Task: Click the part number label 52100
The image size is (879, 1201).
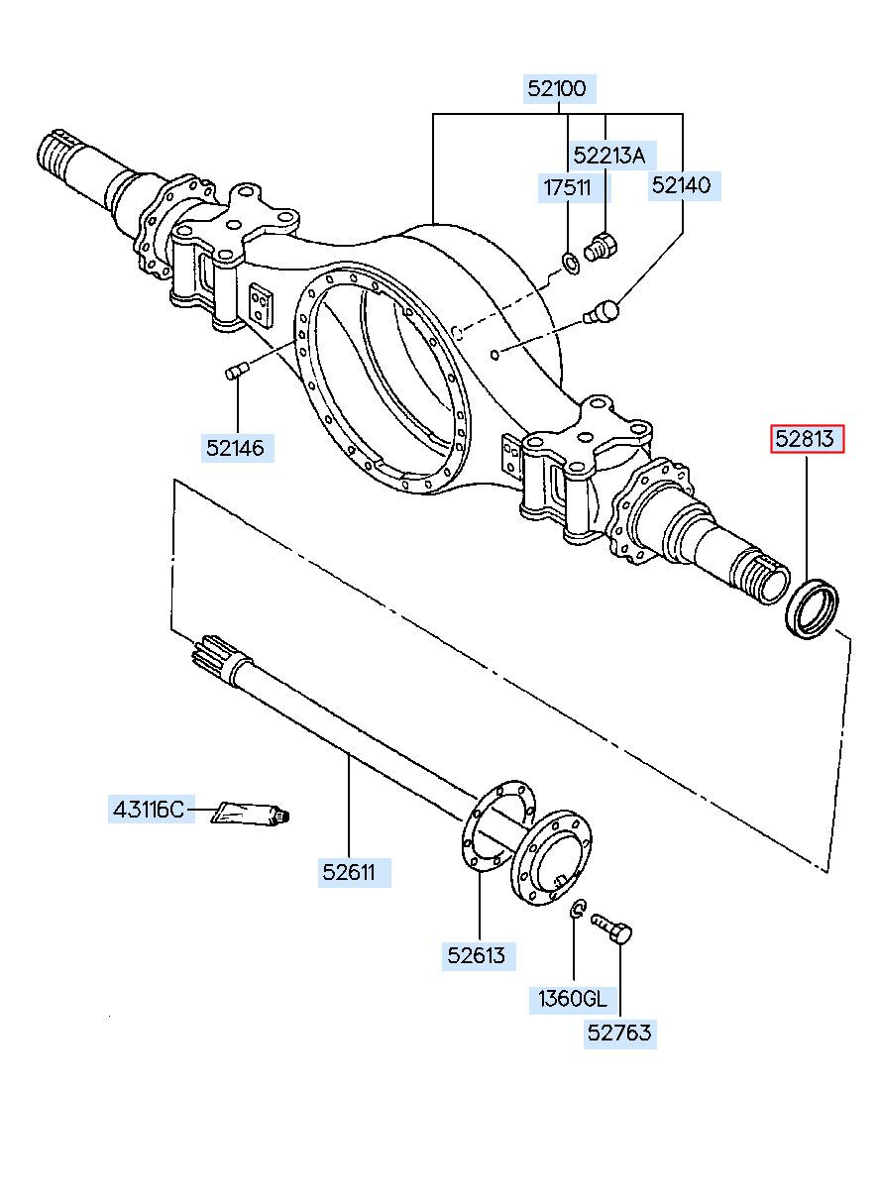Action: click(559, 88)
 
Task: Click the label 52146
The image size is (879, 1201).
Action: click(237, 448)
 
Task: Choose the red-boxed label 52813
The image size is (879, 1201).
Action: click(807, 439)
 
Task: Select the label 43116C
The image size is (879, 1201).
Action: click(151, 810)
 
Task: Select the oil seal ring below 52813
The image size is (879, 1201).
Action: click(812, 609)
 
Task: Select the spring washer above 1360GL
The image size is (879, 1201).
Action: click(578, 909)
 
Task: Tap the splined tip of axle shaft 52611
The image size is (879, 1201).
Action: click(212, 656)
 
